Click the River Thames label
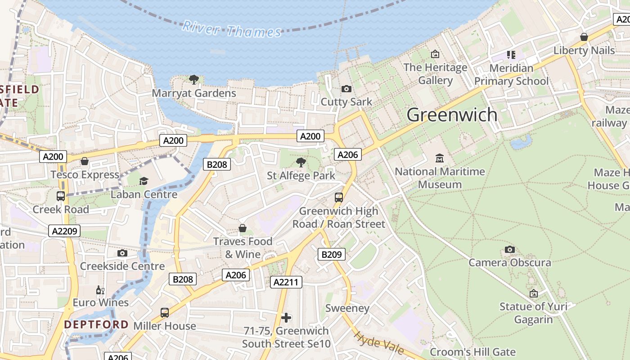coord(231,30)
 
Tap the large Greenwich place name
coord(452,115)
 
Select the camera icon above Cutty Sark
coord(346,89)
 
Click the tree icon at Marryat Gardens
coord(194,80)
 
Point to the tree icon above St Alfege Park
coord(301,162)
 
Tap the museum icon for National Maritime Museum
coord(440,158)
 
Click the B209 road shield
coord(332,254)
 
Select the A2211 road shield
coord(286,282)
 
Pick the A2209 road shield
coord(64,231)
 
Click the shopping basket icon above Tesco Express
coord(85,161)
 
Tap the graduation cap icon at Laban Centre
coord(144,181)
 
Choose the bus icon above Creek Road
coord(60,196)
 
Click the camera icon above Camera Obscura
coord(509,249)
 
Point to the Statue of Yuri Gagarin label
coord(533,313)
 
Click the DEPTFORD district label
coord(96,324)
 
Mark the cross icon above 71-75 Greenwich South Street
coord(286,318)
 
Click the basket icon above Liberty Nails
coord(584,37)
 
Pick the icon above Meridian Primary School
coord(511,55)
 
